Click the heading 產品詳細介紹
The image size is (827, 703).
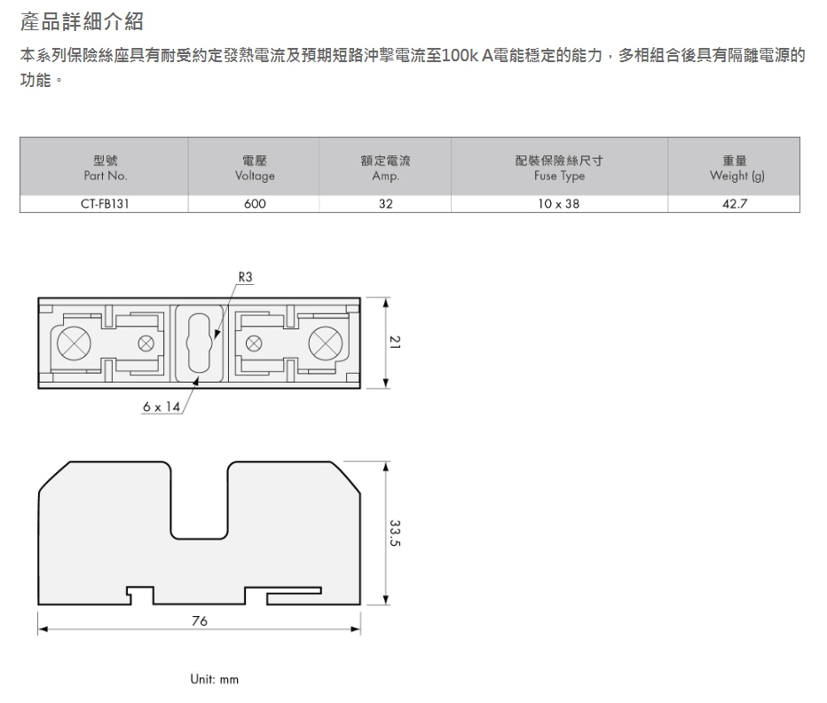pyautogui.click(x=82, y=21)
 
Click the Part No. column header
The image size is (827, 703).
pyautogui.click(x=106, y=168)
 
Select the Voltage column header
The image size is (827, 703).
pyautogui.click(x=255, y=168)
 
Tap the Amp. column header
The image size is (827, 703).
pyautogui.click(x=385, y=168)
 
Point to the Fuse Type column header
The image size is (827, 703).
pyautogui.click(x=559, y=168)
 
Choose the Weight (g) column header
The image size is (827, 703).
pyautogui.click(x=736, y=168)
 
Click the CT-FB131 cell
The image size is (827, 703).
pyautogui.click(x=105, y=204)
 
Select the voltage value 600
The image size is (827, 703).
pyautogui.click(x=255, y=204)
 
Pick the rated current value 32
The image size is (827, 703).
pyautogui.click(x=385, y=204)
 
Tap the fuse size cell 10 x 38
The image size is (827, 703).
pyautogui.click(x=558, y=204)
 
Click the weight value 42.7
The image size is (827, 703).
pyautogui.click(x=735, y=204)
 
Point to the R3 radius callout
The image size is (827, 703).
pyautogui.click(x=245, y=277)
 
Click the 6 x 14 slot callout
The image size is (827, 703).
pyautogui.click(x=161, y=407)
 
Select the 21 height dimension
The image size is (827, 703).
pyautogui.click(x=395, y=343)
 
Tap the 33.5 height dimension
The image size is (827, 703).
pyautogui.click(x=395, y=533)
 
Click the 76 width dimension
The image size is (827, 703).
pyautogui.click(x=200, y=620)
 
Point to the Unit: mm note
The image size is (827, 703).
pyautogui.click(x=214, y=679)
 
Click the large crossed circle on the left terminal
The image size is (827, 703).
pyautogui.click(x=74, y=343)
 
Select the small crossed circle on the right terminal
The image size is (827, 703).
pyautogui.click(x=254, y=344)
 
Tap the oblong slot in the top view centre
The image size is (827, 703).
pyautogui.click(x=200, y=343)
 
